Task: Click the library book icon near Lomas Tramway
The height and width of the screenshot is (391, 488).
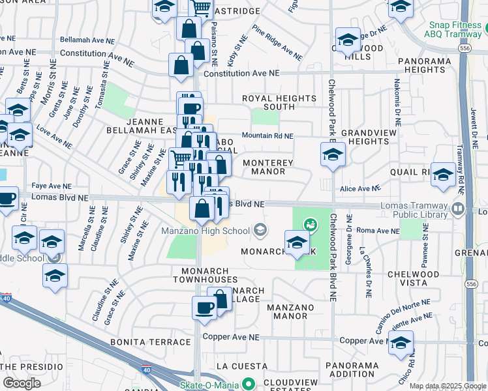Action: (457, 210)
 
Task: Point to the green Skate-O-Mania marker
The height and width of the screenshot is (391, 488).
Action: (247, 384)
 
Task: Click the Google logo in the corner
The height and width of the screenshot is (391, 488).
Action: (22, 383)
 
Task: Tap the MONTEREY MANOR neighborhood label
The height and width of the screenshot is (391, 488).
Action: (264, 167)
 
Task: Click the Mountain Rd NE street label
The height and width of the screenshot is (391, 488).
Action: (267, 136)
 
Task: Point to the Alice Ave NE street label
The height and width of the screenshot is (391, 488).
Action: (359, 188)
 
